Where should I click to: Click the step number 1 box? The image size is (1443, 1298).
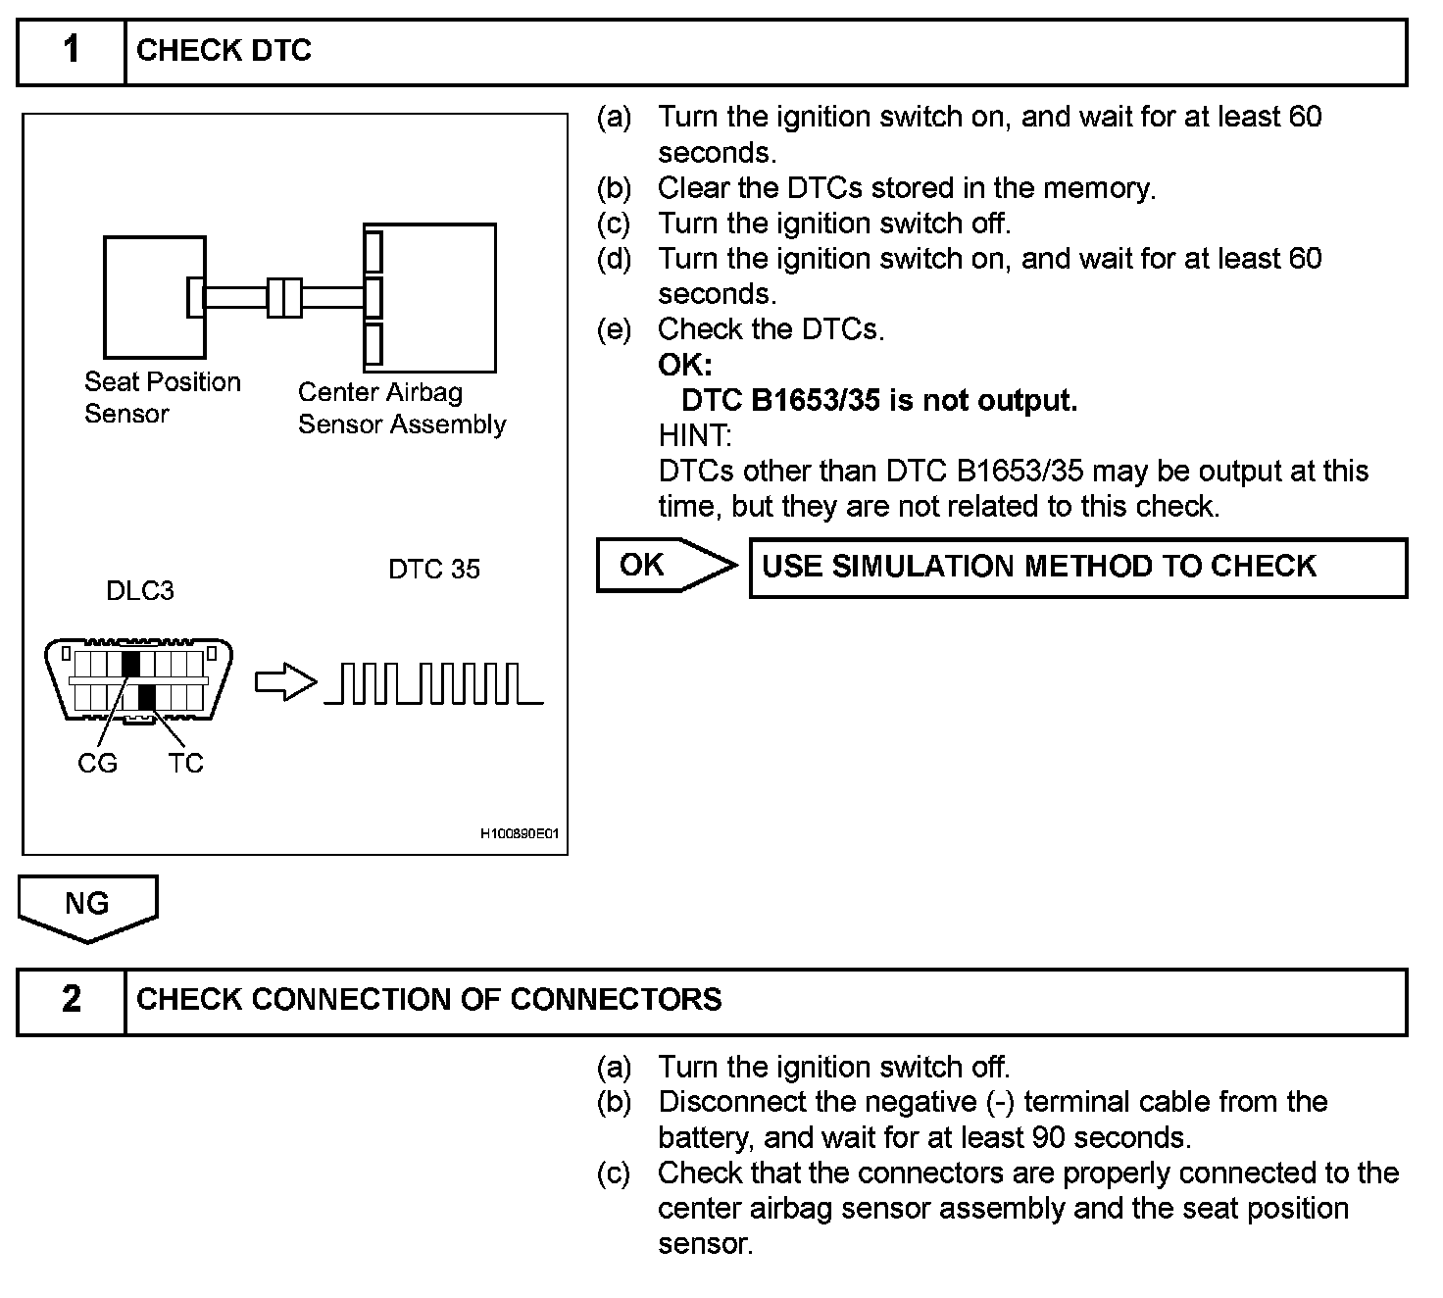click(x=72, y=51)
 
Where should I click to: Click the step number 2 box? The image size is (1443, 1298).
click(x=72, y=1000)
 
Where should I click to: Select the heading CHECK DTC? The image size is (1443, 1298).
click(x=224, y=51)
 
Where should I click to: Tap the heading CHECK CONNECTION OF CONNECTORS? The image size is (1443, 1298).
click(x=428, y=1000)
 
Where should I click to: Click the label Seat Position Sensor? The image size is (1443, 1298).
click(x=162, y=397)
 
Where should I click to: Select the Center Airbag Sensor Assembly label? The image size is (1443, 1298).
click(x=401, y=408)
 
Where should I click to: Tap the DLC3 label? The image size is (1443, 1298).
click(x=140, y=591)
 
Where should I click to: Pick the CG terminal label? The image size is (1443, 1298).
click(x=97, y=763)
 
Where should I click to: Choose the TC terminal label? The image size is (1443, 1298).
click(x=185, y=763)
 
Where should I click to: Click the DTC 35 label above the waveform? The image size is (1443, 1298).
click(x=433, y=570)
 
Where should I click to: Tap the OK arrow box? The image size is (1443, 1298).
click(x=663, y=566)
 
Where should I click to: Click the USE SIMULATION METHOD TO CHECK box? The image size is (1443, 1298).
click(x=1077, y=568)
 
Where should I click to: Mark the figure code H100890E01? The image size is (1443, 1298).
click(x=519, y=834)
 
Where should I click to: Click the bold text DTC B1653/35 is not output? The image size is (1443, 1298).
click(x=878, y=401)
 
